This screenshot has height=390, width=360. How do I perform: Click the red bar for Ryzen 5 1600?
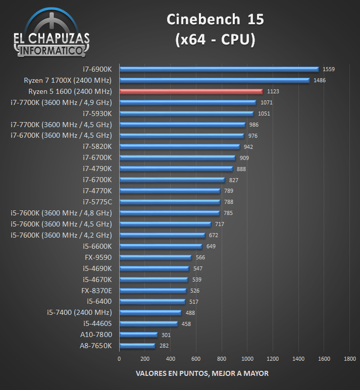pyautogui.click(x=191, y=91)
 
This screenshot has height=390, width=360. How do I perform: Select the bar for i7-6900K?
pyautogui.click(x=219, y=69)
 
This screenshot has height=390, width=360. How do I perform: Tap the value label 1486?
pyautogui.click(x=319, y=81)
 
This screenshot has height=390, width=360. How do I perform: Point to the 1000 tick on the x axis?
pyautogui.click(x=247, y=359)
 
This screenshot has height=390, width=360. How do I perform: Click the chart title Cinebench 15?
pyautogui.click(x=215, y=20)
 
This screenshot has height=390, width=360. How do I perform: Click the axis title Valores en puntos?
pyautogui.click(x=202, y=373)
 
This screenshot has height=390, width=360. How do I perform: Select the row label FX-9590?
pyautogui.click(x=98, y=257)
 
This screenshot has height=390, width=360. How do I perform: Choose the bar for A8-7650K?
pyautogui.click(x=137, y=346)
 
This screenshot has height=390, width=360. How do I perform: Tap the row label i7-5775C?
pyautogui.click(x=97, y=202)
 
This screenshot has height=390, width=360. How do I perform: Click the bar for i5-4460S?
pyautogui.click(x=148, y=323)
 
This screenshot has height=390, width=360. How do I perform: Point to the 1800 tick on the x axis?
pyautogui.click(x=349, y=359)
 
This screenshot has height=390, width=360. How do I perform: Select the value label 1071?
pyautogui.click(x=266, y=103)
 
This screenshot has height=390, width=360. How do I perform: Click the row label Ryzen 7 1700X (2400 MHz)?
pyautogui.click(x=68, y=80)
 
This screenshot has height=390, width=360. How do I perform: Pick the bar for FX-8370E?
pyautogui.click(x=152, y=291)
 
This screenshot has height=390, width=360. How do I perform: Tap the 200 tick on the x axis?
pyautogui.click(x=144, y=359)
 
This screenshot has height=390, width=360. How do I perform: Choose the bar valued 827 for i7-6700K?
pyautogui.click(x=172, y=180)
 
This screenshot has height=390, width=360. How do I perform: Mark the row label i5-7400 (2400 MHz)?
pyautogui.click(x=79, y=312)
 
